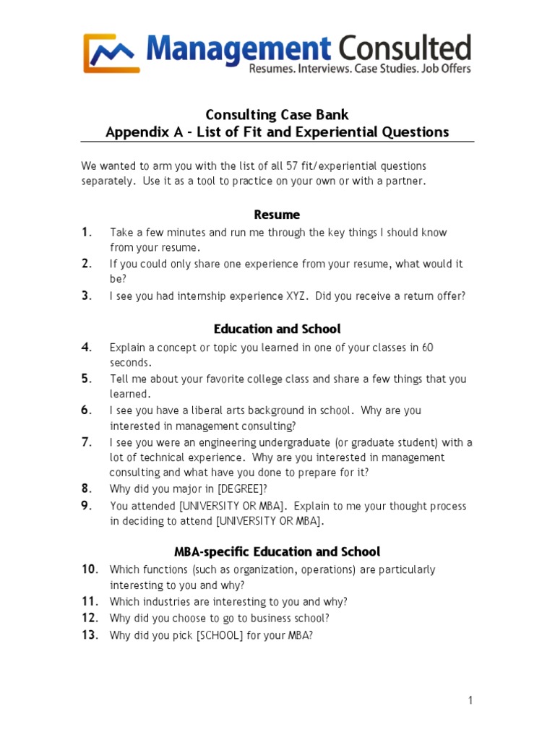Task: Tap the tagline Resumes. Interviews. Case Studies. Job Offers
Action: click(359, 69)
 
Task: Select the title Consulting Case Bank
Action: click(277, 115)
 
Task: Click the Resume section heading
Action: click(277, 215)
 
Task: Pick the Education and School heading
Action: click(277, 329)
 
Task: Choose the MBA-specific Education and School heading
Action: click(277, 551)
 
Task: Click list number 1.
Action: click(86, 232)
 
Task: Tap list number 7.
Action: click(86, 442)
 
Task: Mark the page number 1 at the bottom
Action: click(470, 700)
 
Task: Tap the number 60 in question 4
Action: click(427, 348)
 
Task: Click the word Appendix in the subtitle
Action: click(133, 132)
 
